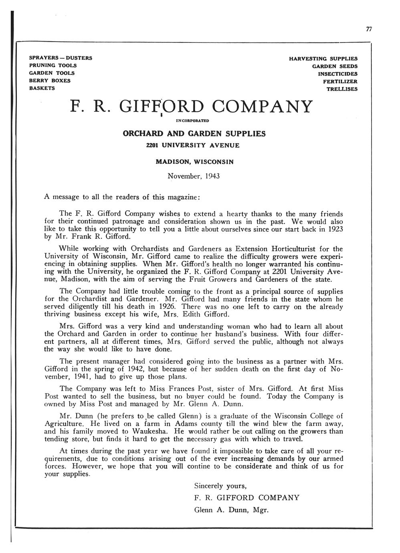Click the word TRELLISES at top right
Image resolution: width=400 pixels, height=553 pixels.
pos(342,89)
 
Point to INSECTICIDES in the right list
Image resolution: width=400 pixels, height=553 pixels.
pos(337,74)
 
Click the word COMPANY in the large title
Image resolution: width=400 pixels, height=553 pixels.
pos(261,107)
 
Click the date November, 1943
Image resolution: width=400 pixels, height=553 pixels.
pos(194,176)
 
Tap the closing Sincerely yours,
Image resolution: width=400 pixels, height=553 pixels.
pos(220,486)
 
